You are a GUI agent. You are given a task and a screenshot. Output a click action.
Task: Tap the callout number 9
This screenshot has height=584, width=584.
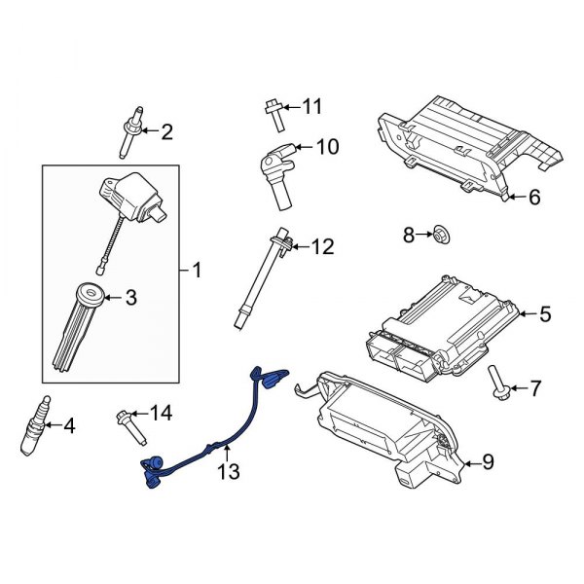pos(488,462)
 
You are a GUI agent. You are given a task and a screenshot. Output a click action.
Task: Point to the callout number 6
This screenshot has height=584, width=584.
pos(533,198)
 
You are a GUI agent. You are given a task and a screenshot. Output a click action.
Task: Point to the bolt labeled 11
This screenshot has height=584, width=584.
pos(274,114)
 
